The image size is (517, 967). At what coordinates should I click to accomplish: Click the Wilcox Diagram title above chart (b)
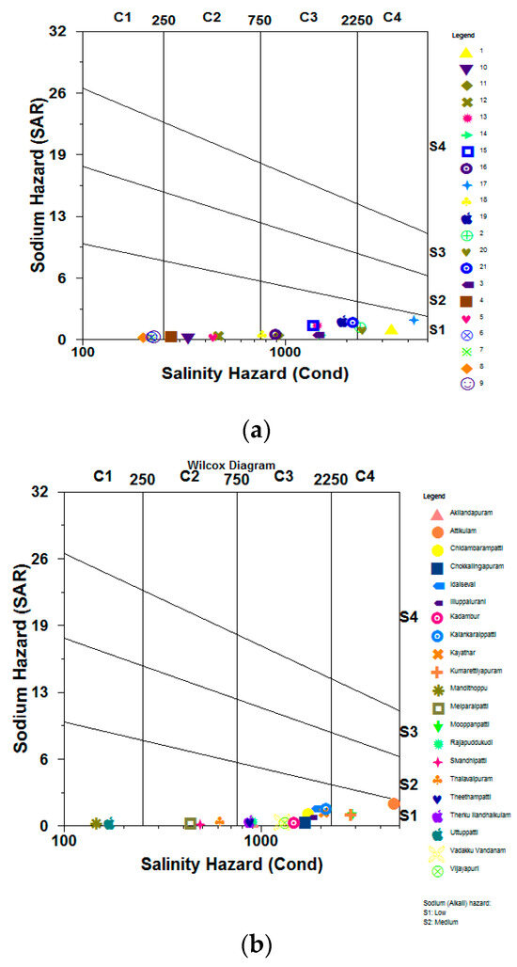(230, 465)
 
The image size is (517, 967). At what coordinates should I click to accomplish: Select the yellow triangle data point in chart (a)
(391, 328)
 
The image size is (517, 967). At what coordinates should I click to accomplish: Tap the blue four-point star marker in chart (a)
(414, 321)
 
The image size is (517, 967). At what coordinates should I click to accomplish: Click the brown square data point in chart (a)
(171, 336)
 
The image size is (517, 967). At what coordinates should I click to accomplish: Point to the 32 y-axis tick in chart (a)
(58, 31)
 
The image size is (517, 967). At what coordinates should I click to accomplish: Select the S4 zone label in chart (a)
(437, 146)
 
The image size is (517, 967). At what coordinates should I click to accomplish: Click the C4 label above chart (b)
(365, 476)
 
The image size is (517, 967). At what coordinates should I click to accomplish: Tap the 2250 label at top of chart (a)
(356, 19)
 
